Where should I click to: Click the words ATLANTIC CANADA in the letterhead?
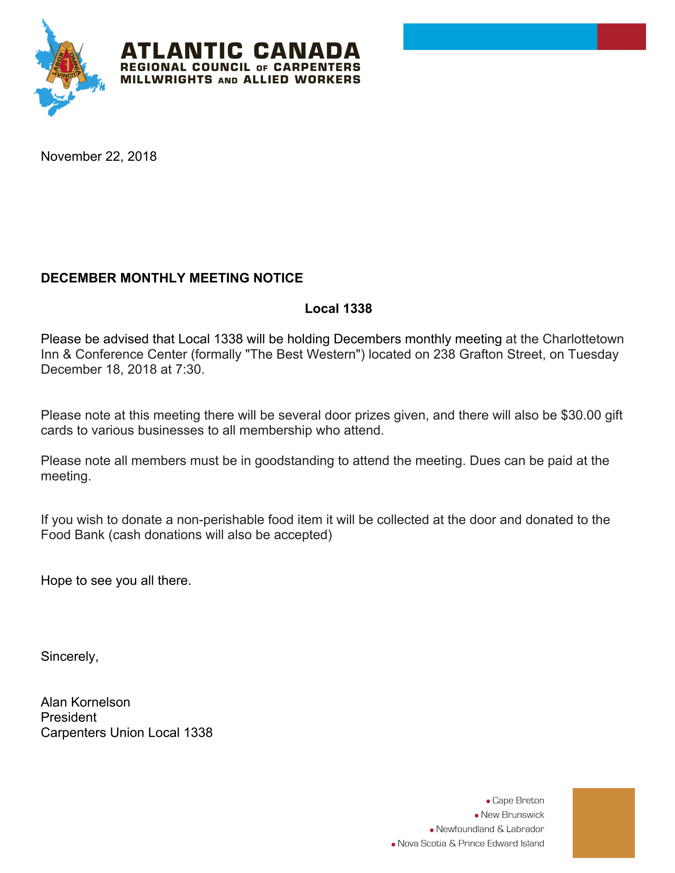coord(240,52)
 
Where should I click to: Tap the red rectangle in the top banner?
coord(621,37)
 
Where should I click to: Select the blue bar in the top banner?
coord(500,37)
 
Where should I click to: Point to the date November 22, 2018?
coord(98,156)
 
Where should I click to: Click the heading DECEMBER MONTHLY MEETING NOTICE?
coord(172,278)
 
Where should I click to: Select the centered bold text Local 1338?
coord(338,309)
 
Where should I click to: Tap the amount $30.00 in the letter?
coord(581,415)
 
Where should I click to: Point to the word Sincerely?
coord(69,656)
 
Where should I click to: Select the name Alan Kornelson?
coord(85,702)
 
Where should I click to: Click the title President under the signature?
coord(68,717)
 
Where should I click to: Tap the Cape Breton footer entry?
coord(518,800)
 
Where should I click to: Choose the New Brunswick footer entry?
coord(512,815)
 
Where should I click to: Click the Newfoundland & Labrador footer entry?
coord(490,829)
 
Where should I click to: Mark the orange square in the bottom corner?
coord(603,823)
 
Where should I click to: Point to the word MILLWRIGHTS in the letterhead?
coord(166,79)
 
